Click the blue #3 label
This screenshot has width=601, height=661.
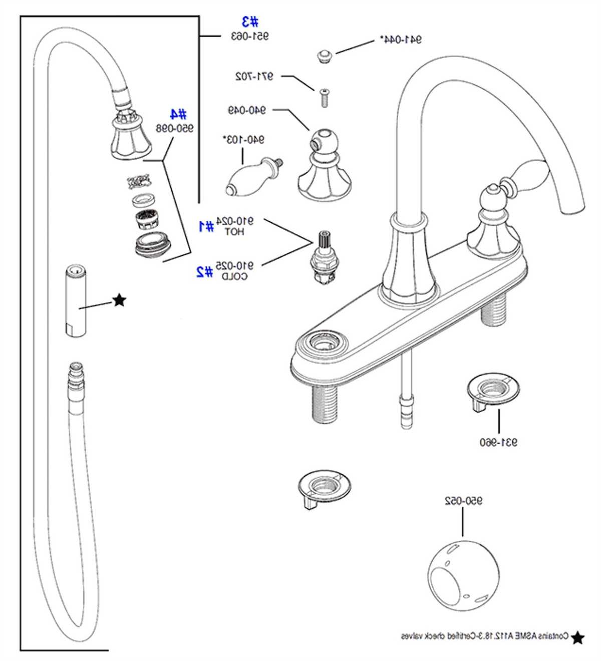[250, 22]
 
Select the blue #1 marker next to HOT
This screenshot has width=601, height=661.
[206, 226]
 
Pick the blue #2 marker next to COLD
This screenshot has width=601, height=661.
[205, 271]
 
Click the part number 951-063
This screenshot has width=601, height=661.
[249, 36]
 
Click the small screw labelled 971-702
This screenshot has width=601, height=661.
[324, 97]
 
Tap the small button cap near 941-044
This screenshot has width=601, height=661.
[325, 56]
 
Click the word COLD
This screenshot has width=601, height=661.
[234, 276]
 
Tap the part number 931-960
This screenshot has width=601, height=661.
[498, 442]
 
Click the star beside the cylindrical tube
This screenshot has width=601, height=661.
[119, 300]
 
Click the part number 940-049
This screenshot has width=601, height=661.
[247, 110]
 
